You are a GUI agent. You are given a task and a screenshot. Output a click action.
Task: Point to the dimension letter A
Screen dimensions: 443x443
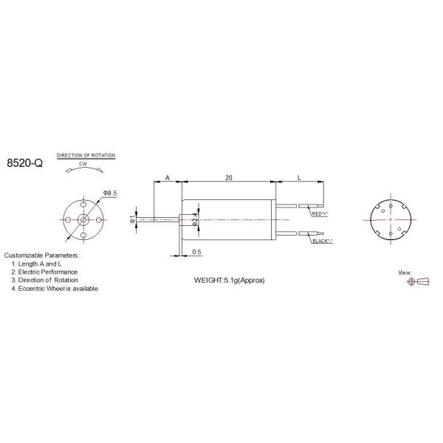point(167,178)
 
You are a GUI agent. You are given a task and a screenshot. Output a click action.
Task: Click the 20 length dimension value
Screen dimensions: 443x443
point(229,178)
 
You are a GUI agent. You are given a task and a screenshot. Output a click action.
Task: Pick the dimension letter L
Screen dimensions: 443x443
point(299,178)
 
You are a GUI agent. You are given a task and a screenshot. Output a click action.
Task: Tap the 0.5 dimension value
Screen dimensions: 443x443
point(196,252)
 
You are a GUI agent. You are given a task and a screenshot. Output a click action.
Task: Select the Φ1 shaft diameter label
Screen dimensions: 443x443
point(132,219)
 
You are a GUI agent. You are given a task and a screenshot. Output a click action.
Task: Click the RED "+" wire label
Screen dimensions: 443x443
point(320,213)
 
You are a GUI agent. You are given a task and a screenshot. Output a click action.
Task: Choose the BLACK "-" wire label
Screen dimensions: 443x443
point(322,241)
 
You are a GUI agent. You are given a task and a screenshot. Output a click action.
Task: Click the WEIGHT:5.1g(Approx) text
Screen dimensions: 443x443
point(229,281)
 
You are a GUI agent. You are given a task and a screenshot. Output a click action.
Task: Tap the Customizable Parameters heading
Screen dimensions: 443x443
point(41,255)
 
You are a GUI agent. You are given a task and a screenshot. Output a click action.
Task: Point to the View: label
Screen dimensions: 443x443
point(405,272)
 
